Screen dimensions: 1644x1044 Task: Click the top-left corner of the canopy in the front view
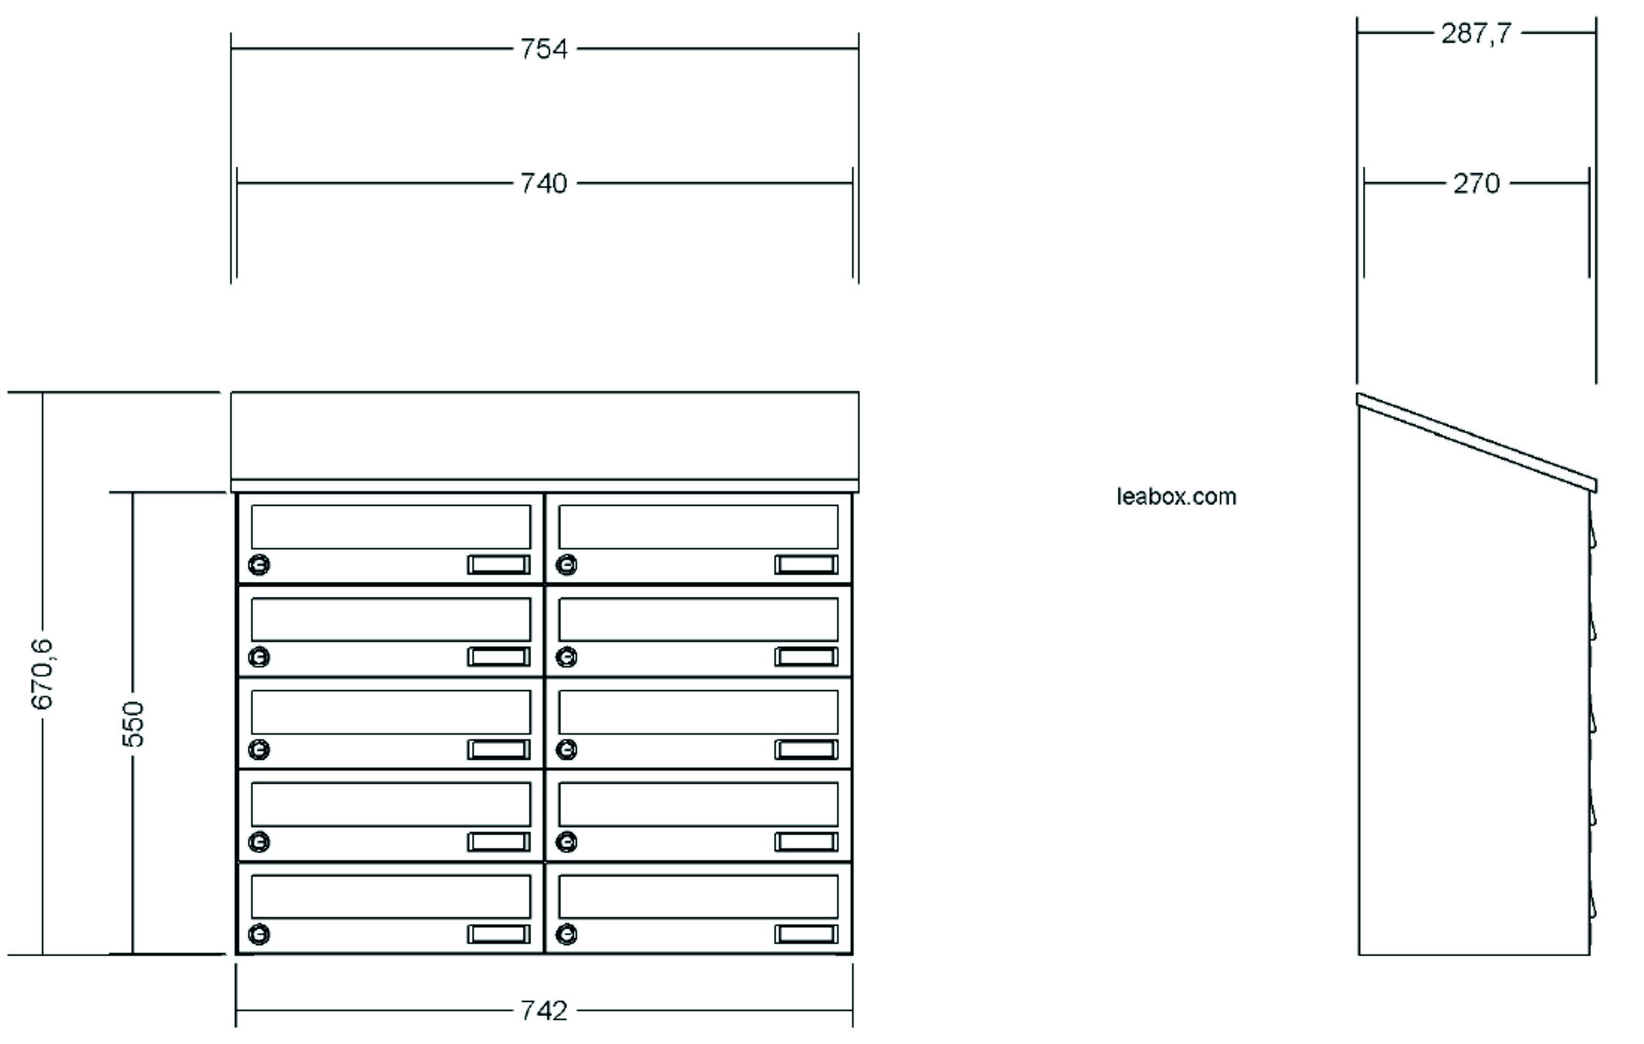[232, 392]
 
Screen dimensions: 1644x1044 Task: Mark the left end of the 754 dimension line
[232, 49]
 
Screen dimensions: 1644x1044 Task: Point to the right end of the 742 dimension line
[853, 1011]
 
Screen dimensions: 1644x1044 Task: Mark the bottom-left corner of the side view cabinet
[1359, 955]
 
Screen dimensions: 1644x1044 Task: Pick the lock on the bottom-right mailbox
[566, 934]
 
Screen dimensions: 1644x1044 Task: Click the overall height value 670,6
[42, 673]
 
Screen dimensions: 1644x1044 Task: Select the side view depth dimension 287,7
[1476, 33]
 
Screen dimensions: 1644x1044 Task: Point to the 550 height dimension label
[133, 724]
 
